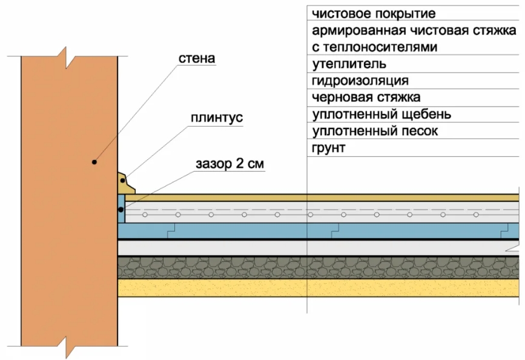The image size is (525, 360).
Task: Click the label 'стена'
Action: [197, 58]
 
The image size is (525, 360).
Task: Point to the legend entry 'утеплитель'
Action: [349, 64]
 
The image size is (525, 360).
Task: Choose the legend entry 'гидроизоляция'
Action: [360, 81]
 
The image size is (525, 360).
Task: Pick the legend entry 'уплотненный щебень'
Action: [381, 114]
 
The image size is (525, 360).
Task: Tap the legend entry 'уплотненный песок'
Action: [375, 130]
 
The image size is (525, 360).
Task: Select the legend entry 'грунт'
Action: [329, 147]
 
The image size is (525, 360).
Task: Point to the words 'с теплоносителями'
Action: [374, 47]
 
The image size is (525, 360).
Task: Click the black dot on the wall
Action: [94, 162]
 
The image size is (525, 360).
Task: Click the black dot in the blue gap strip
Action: [122, 209]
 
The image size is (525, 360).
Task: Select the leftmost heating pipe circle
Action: [145, 215]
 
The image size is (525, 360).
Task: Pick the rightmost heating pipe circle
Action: [476, 215]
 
